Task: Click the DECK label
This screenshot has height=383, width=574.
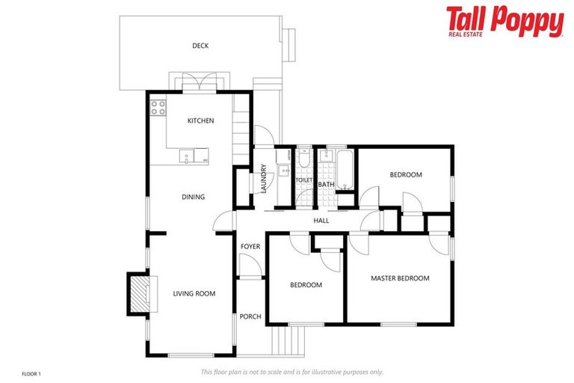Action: point(200,46)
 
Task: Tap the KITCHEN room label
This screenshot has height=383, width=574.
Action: point(200,120)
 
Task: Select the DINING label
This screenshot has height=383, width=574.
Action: point(193,197)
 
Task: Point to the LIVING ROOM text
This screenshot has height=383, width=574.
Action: point(194,294)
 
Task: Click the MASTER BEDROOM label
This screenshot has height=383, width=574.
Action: point(400,278)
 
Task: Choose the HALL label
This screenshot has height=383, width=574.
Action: point(321,220)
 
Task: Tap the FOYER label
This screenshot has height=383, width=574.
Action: point(250,246)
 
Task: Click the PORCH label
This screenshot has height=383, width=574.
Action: point(250,316)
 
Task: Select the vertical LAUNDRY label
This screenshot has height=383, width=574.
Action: point(264,179)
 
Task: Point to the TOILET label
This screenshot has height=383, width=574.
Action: point(303,180)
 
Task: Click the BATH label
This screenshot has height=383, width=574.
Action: point(326,184)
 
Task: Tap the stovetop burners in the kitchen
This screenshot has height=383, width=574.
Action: point(158,108)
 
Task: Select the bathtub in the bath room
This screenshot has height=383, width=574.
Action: point(345,171)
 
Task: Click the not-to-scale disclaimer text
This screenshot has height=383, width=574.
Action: point(292,372)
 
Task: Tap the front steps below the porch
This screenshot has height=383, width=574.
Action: point(288,340)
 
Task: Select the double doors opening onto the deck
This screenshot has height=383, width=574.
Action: point(196,82)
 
